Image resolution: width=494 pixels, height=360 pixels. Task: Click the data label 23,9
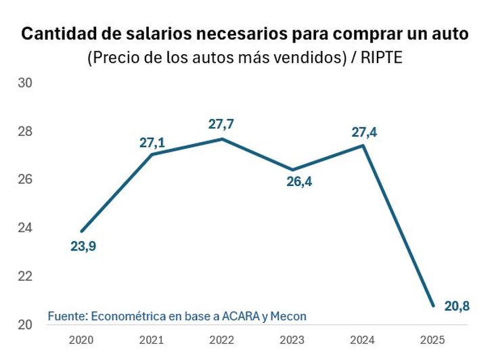83,246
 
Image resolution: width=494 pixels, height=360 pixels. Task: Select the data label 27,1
153,143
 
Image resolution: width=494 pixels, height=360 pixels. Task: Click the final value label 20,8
457,307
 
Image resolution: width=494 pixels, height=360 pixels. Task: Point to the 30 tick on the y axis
26,83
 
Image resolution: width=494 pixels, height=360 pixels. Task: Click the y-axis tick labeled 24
26,228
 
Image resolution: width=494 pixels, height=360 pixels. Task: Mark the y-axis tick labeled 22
26,276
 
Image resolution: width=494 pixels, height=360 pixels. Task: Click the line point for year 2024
363,145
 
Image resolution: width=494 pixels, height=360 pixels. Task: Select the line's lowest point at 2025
432,306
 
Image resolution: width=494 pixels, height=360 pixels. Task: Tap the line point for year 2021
152,154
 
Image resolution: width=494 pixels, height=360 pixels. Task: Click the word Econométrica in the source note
126,316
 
